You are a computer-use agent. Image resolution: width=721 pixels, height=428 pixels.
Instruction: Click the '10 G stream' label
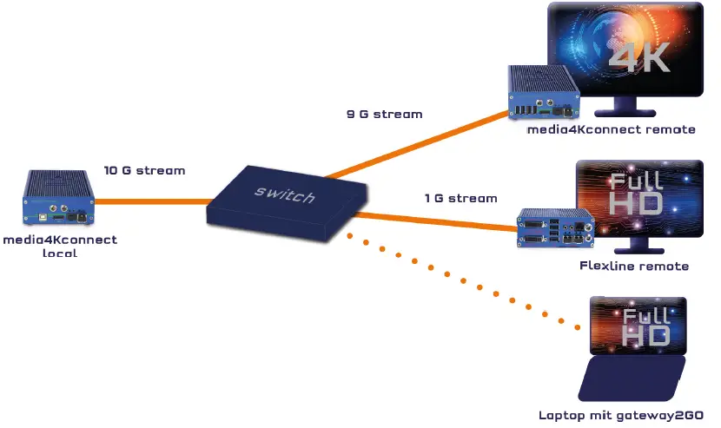(x=144, y=170)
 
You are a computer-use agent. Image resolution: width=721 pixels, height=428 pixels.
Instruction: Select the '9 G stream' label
(x=384, y=114)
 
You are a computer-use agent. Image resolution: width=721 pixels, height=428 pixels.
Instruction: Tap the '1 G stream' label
(x=460, y=198)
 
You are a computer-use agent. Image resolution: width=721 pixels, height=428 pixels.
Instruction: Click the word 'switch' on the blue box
(x=284, y=195)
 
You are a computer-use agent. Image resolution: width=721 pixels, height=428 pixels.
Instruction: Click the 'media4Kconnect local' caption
(x=58, y=247)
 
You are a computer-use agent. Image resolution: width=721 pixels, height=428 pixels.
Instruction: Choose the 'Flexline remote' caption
(x=633, y=266)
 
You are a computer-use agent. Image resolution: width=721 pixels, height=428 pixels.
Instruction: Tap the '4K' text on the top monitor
(x=639, y=58)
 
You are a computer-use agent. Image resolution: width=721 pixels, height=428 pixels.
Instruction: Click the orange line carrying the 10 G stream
(x=148, y=202)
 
